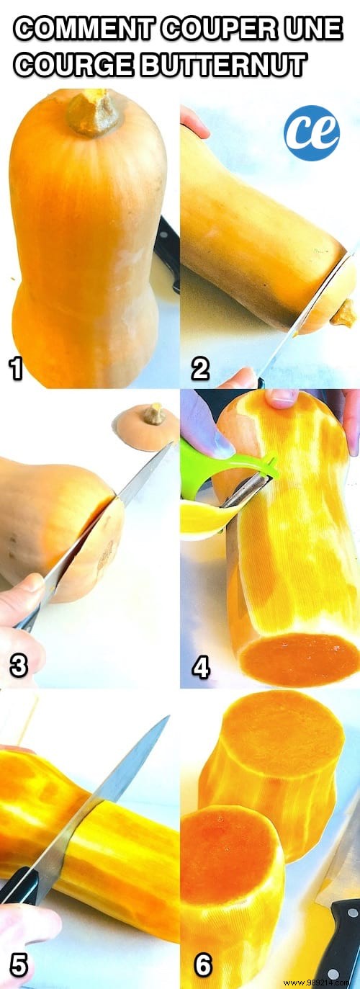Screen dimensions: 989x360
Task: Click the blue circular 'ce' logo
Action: (x=311, y=133)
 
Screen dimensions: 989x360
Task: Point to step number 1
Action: (x=16, y=370)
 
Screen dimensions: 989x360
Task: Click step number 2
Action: (x=199, y=370)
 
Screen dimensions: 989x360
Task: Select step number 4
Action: (x=200, y=668)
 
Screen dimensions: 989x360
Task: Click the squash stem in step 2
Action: (x=344, y=313)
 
